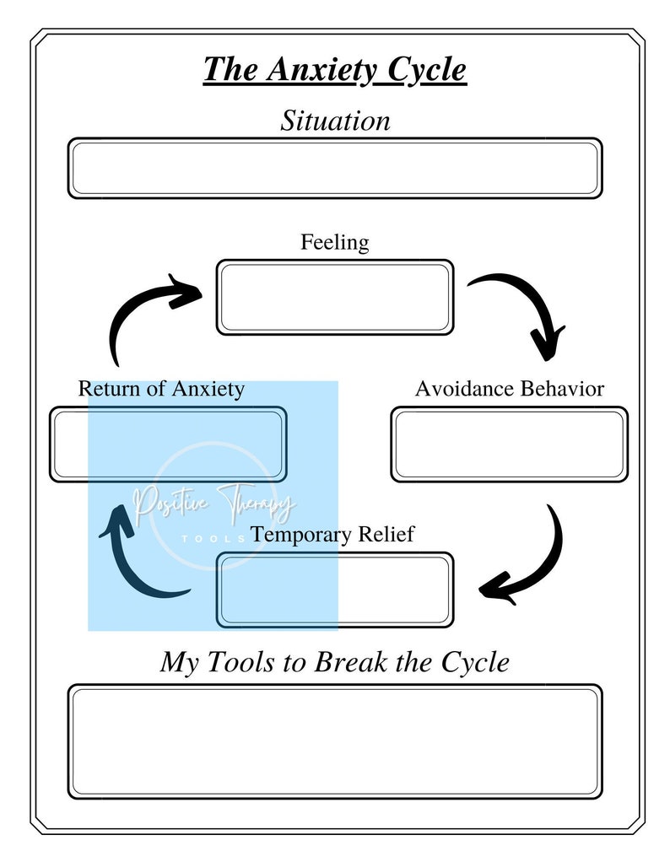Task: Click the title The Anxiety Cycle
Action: click(x=334, y=69)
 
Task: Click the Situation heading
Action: click(x=335, y=121)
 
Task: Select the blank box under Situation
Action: click(x=335, y=169)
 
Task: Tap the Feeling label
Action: click(x=335, y=243)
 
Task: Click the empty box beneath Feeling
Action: click(x=335, y=297)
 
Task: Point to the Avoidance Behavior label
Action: click(x=509, y=389)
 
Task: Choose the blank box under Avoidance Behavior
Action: click(x=509, y=444)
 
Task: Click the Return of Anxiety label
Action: click(x=161, y=389)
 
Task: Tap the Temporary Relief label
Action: click(x=332, y=535)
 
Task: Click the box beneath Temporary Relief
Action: click(x=335, y=590)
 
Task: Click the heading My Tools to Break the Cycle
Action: click(x=335, y=662)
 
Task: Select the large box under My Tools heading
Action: click(x=335, y=742)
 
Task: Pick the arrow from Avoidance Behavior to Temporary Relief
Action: click(x=532, y=561)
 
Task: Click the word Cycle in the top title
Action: click(x=426, y=69)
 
